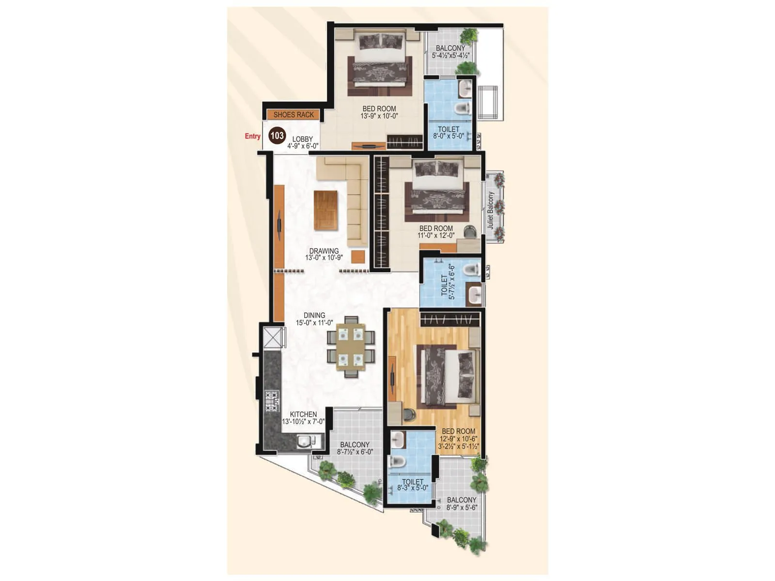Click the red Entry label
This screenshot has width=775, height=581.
[252, 137]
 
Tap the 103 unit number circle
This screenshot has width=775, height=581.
[277, 136]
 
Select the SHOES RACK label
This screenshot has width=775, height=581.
[294, 115]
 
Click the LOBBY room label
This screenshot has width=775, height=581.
[302, 139]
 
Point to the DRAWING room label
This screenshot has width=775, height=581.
[324, 251]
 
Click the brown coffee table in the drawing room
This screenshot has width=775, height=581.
[325, 210]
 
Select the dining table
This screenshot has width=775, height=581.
[351, 347]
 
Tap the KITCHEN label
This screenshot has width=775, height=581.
[303, 414]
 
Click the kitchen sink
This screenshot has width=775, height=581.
[304, 442]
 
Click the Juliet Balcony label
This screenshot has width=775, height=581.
[491, 210]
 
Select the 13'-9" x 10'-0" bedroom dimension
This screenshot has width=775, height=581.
[379, 116]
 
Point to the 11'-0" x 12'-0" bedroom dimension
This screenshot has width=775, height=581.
[436, 236]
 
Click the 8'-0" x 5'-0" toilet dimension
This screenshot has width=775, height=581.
[449, 137]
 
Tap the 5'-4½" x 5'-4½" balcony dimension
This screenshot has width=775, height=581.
[450, 55]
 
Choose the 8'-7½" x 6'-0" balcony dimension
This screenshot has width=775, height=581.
[355, 452]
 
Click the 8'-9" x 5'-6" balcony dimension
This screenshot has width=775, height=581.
[462, 507]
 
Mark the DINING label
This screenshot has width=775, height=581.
[314, 315]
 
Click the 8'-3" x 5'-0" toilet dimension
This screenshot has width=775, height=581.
[413, 489]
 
